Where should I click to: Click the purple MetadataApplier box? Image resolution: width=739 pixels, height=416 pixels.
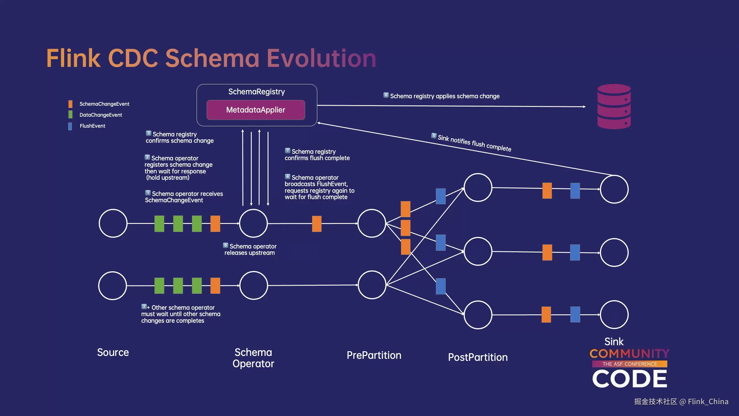(x=255, y=110)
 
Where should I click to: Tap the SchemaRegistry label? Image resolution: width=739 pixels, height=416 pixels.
(x=257, y=92)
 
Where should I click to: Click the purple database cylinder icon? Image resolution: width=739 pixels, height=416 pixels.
(x=614, y=106)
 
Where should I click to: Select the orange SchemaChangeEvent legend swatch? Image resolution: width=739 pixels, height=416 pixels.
(x=70, y=104)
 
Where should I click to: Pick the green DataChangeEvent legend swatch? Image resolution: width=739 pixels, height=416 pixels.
(x=70, y=115)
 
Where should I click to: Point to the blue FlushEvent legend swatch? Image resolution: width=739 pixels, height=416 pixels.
(x=70, y=126)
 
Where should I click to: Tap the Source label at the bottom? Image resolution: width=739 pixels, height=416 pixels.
(x=113, y=352)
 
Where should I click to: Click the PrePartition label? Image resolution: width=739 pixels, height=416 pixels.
(x=374, y=355)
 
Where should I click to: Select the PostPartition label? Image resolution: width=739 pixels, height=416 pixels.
(x=478, y=357)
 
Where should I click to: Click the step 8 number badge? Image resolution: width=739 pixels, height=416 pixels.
(x=225, y=245)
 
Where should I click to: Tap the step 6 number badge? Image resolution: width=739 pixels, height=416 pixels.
(x=386, y=95)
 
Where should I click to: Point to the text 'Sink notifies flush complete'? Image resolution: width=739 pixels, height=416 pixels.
(x=474, y=143)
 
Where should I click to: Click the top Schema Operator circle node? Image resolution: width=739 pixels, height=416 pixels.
(x=253, y=223)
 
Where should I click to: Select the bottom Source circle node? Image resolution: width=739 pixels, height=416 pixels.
(x=113, y=285)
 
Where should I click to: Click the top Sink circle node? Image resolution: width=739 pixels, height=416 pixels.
(x=614, y=189)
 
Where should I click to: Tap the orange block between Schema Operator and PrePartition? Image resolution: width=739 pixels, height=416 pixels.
(x=317, y=224)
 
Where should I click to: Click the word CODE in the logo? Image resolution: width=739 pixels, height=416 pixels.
(x=629, y=379)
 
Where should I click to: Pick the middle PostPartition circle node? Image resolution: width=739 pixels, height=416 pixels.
(x=478, y=251)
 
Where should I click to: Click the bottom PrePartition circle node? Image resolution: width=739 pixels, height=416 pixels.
(x=372, y=285)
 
